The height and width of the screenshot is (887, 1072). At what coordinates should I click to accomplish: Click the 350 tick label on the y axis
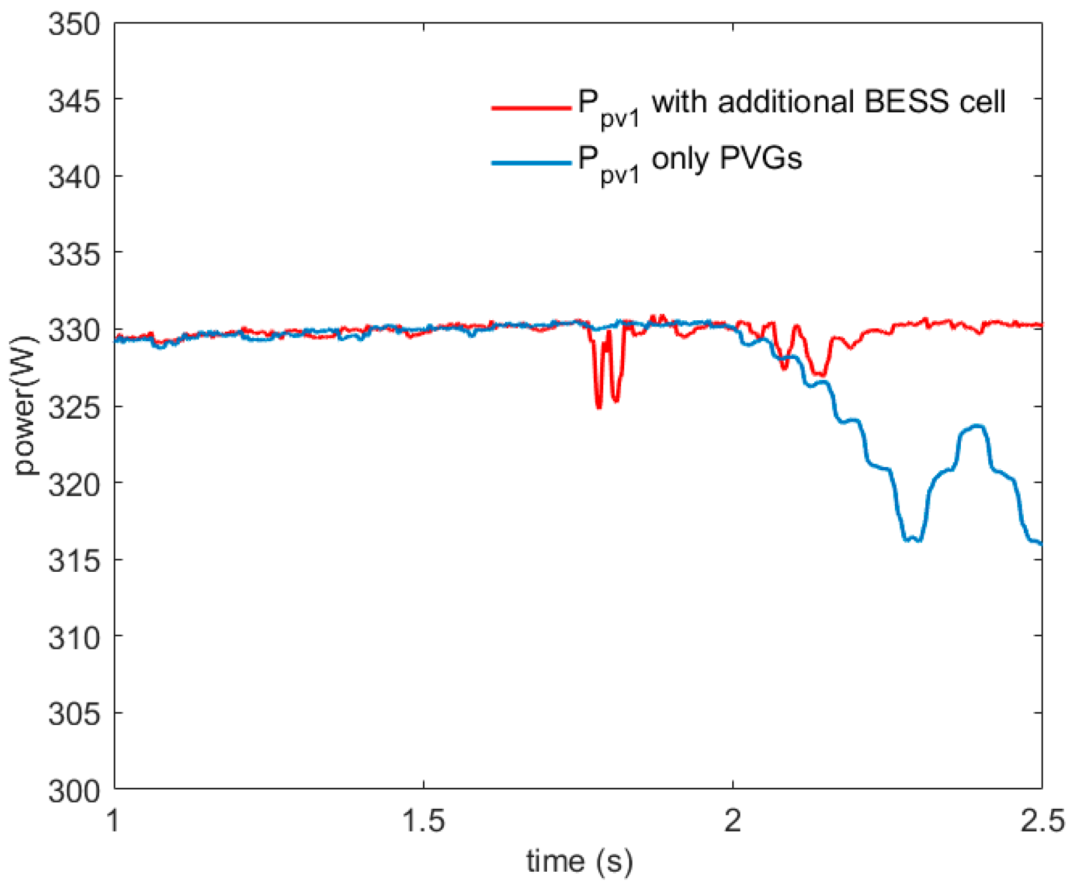[x=74, y=25]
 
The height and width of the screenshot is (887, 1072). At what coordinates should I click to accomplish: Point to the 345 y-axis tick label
[x=74, y=101]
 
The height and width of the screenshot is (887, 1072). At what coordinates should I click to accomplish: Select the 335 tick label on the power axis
[x=74, y=254]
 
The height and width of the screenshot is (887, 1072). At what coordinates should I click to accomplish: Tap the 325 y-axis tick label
[x=74, y=407]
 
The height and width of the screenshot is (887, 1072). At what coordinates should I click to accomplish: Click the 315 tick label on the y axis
[x=74, y=560]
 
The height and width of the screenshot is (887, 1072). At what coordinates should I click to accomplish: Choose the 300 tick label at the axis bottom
[x=74, y=790]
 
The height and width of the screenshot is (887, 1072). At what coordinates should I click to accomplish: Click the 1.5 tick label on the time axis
[x=424, y=821]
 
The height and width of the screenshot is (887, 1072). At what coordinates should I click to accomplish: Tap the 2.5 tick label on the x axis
[x=1042, y=821]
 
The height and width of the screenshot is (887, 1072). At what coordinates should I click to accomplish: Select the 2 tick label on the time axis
[x=733, y=821]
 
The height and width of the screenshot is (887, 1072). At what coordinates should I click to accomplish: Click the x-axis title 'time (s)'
[x=579, y=862]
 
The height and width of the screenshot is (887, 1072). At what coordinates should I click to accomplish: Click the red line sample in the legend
[x=531, y=108]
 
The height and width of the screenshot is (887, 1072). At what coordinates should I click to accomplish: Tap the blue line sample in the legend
[x=531, y=163]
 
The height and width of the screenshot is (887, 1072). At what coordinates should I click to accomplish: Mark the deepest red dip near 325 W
[x=599, y=407]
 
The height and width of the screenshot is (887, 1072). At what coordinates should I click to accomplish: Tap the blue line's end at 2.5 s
[x=1040, y=543]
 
